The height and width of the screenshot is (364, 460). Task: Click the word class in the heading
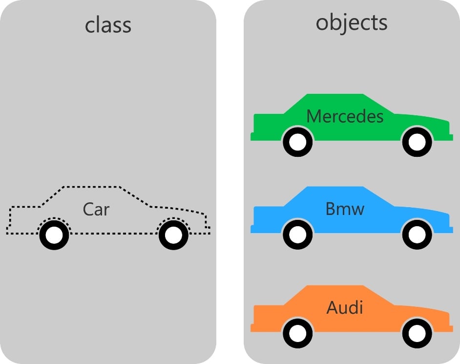pos(108,24)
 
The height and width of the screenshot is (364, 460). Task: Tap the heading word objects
pos(352,22)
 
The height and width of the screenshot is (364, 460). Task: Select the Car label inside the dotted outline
pos(96,209)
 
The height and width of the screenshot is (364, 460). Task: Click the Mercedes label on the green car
pos(345,116)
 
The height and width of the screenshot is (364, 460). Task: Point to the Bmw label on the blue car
pos(345,209)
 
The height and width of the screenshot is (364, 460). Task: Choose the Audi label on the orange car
pos(345,308)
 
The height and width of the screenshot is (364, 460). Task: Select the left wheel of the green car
pos(297,142)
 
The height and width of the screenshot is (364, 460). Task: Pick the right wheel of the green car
pos(417,142)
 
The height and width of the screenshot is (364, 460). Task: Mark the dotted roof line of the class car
pos(90,187)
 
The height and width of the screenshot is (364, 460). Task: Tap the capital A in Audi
pos(332,308)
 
